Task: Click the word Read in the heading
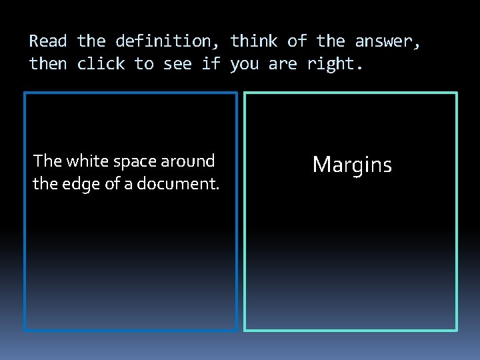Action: tap(49, 41)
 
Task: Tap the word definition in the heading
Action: tap(163, 41)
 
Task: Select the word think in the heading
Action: tap(254, 41)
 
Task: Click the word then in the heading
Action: tap(49, 64)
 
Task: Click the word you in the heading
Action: tap(244, 64)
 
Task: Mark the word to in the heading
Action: tap(144, 64)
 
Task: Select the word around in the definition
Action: tap(188, 161)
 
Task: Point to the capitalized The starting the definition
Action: tap(47, 161)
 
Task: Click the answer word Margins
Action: tap(352, 165)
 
